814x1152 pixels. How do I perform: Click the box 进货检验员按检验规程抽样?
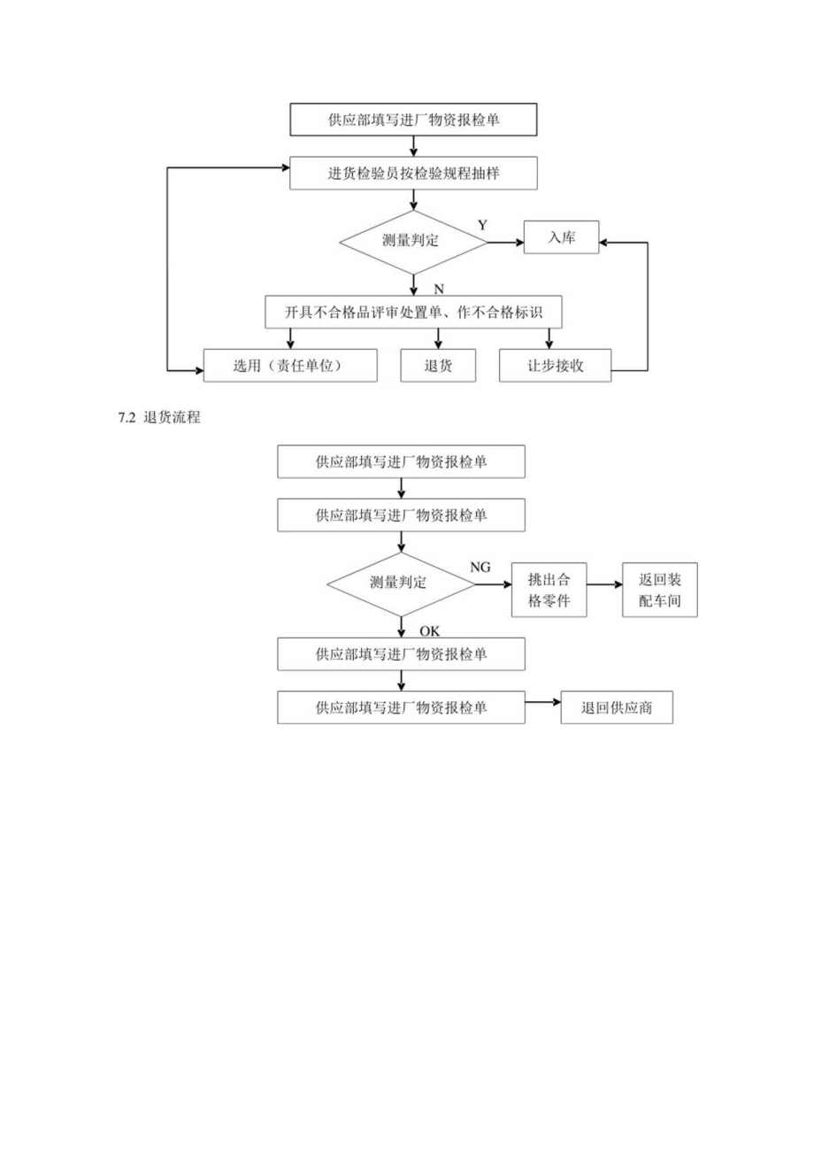point(413,174)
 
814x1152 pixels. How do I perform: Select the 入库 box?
point(561,237)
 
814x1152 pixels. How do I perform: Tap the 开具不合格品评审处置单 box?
point(413,312)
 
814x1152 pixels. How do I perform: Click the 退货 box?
point(438,366)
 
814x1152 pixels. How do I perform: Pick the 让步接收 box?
point(555,366)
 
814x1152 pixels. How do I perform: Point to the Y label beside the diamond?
point(482,225)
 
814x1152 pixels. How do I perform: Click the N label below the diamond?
point(438,289)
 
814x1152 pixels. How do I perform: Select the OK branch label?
point(429,631)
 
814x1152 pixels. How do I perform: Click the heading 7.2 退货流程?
point(159,418)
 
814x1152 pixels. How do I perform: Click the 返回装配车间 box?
point(660,591)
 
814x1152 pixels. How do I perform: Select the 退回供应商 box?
point(616,707)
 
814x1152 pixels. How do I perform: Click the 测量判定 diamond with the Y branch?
point(413,240)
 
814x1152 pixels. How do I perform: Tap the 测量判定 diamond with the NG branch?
point(402,583)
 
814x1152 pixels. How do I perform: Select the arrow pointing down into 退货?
point(438,339)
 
